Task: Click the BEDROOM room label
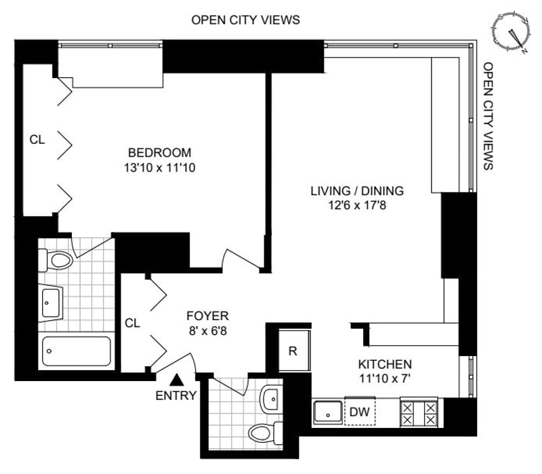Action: click(x=159, y=153)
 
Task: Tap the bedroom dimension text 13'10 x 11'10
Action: click(x=160, y=167)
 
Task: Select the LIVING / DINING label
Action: click(x=357, y=191)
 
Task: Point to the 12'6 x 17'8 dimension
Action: click(x=357, y=205)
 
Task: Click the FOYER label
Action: click(x=207, y=316)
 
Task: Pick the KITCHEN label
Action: click(x=385, y=364)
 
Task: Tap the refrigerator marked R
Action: click(x=295, y=351)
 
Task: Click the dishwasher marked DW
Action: click(x=360, y=412)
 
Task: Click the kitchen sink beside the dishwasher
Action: click(x=328, y=412)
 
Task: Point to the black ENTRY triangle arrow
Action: click(x=177, y=380)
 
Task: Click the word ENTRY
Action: click(x=176, y=395)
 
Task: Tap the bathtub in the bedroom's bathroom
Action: click(x=77, y=351)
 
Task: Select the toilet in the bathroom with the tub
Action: click(x=56, y=260)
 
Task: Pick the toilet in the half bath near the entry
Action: click(x=266, y=433)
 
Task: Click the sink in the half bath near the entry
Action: click(x=272, y=399)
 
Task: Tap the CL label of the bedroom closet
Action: click(x=37, y=140)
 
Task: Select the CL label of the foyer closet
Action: click(x=132, y=323)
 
